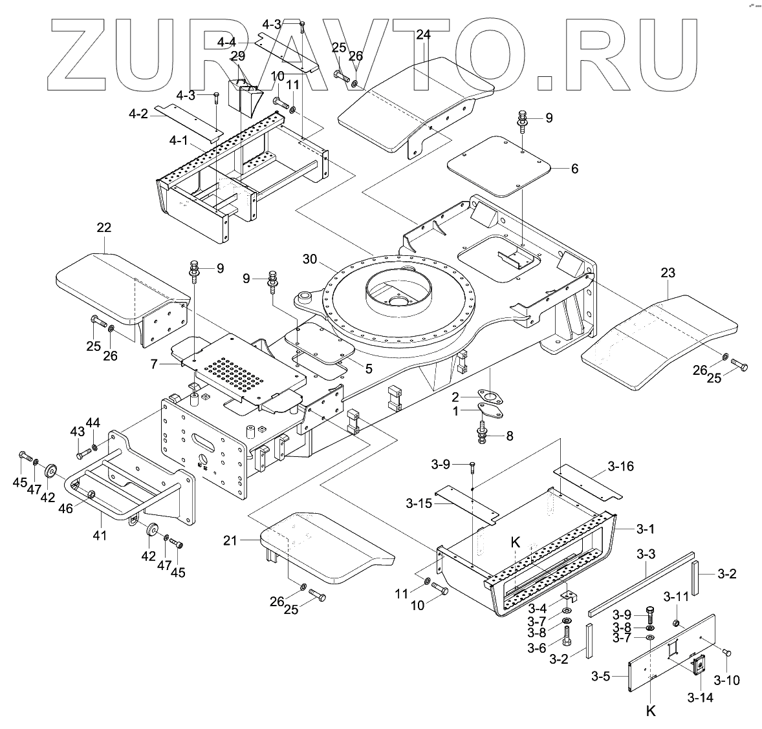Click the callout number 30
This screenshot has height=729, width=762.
(310, 259)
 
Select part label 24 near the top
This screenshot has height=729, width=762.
(423, 34)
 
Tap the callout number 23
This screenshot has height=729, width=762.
(668, 273)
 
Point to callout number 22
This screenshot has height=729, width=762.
(104, 227)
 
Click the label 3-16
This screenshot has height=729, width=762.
(620, 466)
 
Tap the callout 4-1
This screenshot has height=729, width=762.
(179, 140)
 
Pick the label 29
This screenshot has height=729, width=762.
(238, 56)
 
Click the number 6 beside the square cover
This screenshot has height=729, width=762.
(574, 169)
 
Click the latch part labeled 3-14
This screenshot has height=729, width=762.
(699, 664)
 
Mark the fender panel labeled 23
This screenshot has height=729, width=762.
(660, 336)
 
